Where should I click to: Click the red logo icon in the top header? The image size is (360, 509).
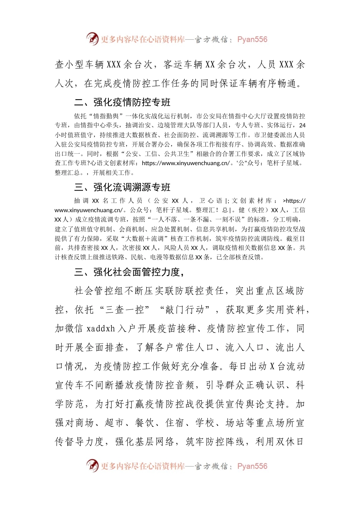(x=92, y=39)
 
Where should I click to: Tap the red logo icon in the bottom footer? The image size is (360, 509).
(x=92, y=465)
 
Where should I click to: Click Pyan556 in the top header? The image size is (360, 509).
(x=252, y=39)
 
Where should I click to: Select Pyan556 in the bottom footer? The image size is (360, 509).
(x=252, y=466)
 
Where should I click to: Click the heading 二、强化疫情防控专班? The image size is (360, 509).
(x=122, y=102)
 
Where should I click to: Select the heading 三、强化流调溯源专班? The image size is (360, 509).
(x=122, y=187)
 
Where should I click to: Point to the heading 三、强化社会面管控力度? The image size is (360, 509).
(x=129, y=272)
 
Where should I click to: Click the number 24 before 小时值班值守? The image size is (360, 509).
(x=302, y=125)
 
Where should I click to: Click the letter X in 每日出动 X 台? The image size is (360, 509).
(x=272, y=366)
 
